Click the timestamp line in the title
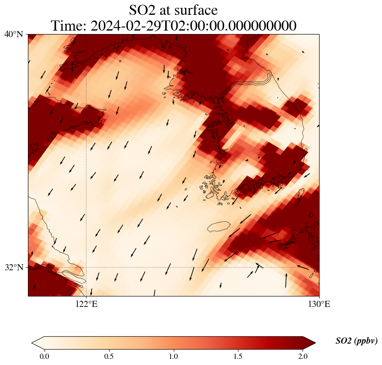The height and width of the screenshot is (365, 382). point(173,26)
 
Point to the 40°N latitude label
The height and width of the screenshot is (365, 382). point(14,34)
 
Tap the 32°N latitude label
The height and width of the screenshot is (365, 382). point(14,267)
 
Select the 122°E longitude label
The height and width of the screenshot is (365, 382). point(86,304)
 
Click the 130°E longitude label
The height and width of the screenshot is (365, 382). point(319,304)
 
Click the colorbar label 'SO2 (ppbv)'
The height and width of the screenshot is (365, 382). point(356,341)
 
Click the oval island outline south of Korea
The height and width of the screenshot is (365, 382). point(218,227)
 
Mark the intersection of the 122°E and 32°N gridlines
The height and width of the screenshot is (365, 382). point(86,267)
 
